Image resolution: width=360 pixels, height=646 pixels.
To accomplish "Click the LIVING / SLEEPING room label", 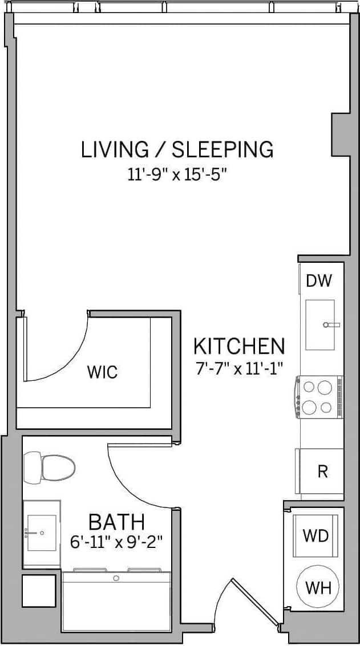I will coord(177,149).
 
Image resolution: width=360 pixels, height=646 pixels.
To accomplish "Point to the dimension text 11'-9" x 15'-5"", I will coord(177,174).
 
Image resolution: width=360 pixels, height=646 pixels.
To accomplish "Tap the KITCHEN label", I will coord(238,346).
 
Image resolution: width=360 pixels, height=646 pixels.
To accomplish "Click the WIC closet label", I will coord(102,372).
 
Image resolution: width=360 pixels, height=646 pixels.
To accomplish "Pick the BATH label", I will coord(116,522).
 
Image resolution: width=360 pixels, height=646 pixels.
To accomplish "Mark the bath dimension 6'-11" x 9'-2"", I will coord(116,542).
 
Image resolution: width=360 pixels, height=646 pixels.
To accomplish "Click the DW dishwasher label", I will coord(318,281).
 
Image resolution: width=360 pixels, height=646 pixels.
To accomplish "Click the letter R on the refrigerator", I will coord(322,472).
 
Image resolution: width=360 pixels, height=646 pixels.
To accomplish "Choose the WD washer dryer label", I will coord(315,536).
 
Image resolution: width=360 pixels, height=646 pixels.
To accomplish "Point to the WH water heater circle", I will coord(318,587).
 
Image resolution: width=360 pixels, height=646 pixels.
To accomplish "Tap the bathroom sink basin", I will coord(42,534).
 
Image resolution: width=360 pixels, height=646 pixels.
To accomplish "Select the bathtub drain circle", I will coord(116,578).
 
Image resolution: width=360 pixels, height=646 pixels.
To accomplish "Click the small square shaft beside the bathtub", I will coord(39,591).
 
